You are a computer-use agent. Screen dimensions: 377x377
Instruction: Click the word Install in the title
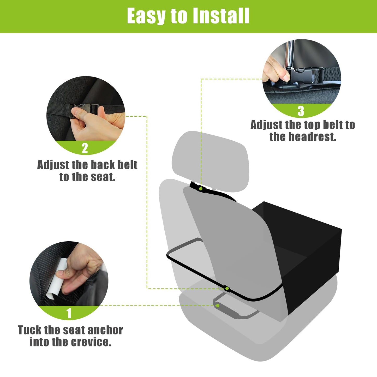pyautogui.click(x=221, y=16)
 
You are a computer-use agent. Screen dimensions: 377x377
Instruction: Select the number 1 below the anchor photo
pyautogui.click(x=69, y=313)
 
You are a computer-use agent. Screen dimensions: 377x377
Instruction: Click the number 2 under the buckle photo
pyautogui.click(x=85, y=148)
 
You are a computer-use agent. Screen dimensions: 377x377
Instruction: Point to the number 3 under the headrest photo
pyautogui.click(x=301, y=111)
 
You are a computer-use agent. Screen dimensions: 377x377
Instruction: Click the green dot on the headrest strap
pyautogui.click(x=201, y=189)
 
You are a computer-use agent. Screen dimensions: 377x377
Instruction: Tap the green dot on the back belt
pyautogui.click(x=227, y=288)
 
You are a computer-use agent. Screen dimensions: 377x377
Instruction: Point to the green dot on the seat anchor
pyautogui.click(x=218, y=306)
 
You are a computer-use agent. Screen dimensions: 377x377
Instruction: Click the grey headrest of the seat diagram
pyautogui.click(x=210, y=161)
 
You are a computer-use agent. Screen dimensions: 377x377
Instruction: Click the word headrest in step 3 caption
pyautogui.click(x=311, y=137)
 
